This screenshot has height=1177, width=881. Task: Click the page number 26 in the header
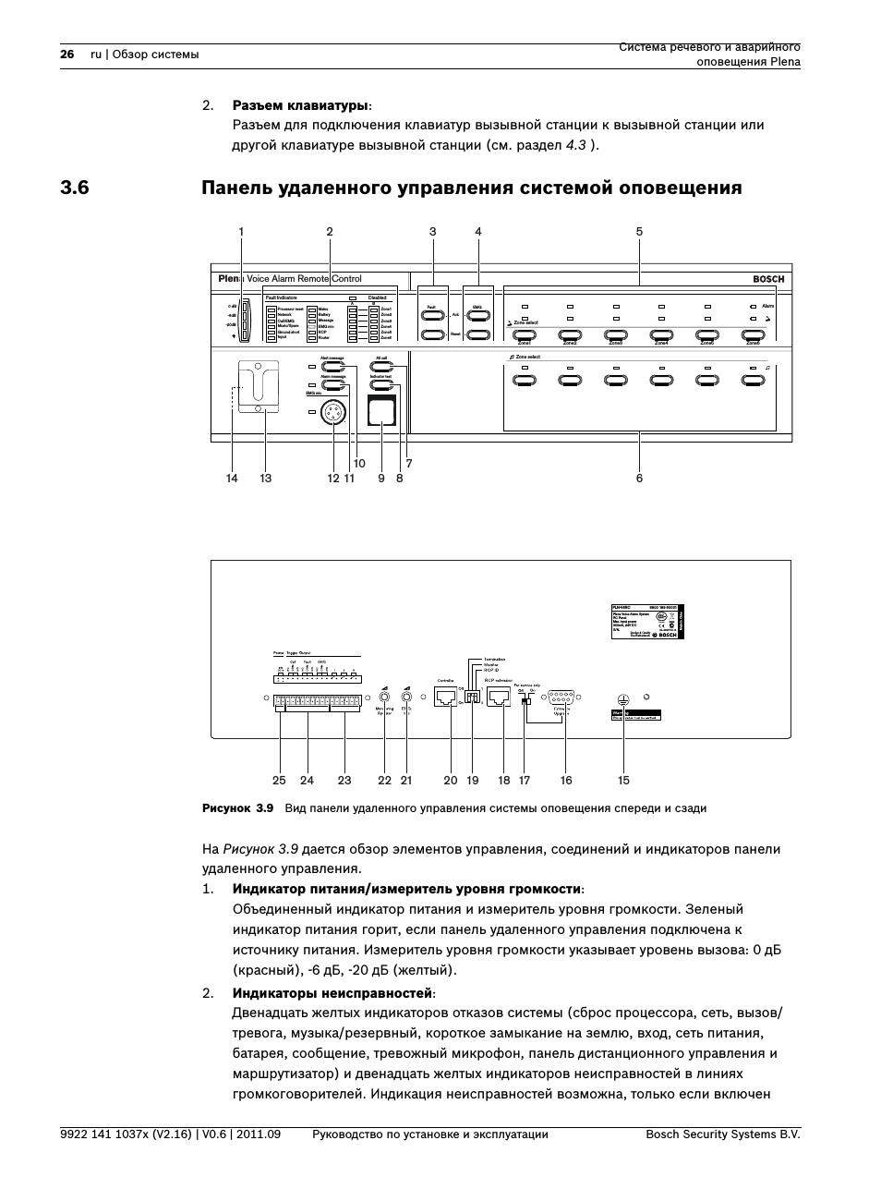(66, 55)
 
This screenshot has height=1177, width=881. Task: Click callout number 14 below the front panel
(232, 479)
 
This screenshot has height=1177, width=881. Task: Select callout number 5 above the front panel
(639, 232)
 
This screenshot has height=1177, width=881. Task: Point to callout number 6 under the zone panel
(639, 479)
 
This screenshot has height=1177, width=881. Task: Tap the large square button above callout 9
(380, 410)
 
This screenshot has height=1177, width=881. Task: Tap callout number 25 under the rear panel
(279, 781)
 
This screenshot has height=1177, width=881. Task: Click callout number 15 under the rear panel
(624, 781)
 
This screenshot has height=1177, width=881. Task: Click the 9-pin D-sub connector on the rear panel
(562, 698)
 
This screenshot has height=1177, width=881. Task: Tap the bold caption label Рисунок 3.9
(238, 808)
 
